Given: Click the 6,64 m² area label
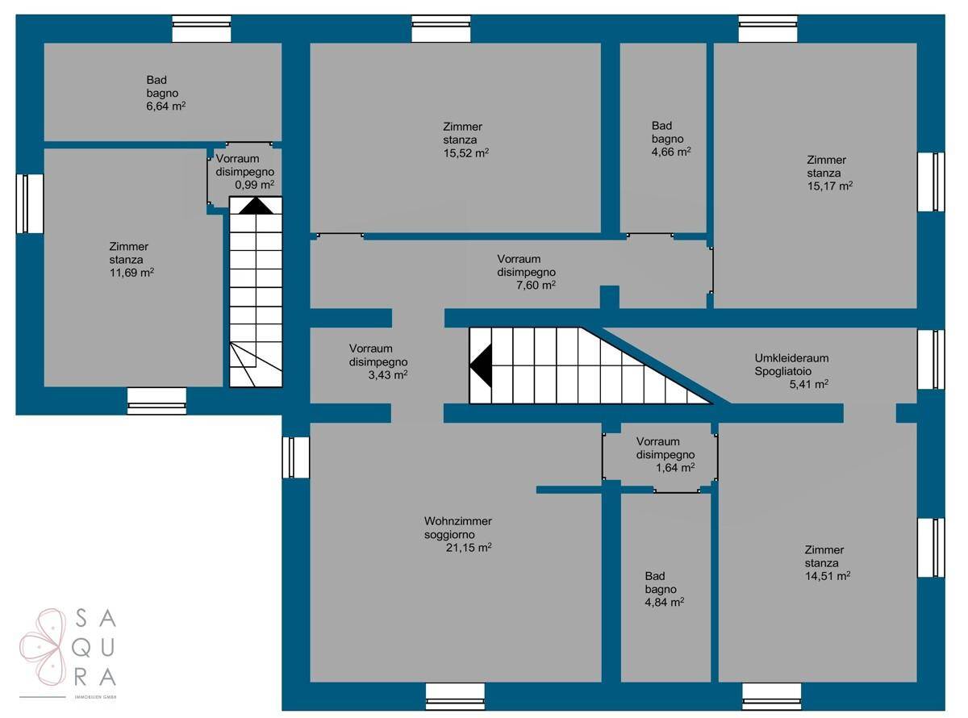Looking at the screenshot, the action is pos(166,106).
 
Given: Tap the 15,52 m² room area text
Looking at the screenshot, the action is pos(465,153).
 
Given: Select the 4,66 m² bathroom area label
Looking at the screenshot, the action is pos(671,152).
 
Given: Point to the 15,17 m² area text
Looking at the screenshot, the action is pos(829,186).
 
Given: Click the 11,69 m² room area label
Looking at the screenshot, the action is pos(131,273).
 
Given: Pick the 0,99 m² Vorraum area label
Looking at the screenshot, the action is pos(254,185).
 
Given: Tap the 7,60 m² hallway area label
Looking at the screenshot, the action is pos(536,285).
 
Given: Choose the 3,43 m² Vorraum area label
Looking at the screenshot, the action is pos(387,375).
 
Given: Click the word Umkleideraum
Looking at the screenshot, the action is pos(791,358).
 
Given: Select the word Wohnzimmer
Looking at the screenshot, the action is pos(458,520).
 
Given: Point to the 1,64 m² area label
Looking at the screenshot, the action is pos(675,467).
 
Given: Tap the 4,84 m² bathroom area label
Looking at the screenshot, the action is pos(664,603).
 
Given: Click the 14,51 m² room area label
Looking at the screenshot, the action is pos(828,576).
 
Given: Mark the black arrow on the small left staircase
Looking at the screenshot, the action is pos(256,206).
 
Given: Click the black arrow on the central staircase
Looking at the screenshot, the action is pos(481,365).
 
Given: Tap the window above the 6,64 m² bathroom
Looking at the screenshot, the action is pos(201,29).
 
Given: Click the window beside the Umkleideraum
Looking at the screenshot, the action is pos(930,359).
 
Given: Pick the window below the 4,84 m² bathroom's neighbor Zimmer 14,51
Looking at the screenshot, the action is pos(772,696).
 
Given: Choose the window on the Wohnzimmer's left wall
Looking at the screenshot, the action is pos(296,457).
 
